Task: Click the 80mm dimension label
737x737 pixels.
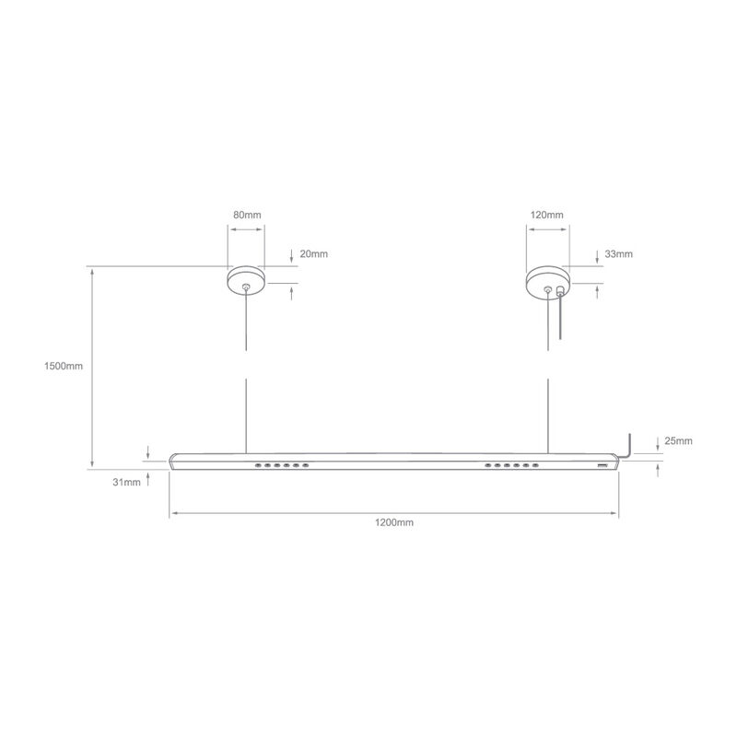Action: pos(247,215)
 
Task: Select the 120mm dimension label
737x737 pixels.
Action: pos(547,215)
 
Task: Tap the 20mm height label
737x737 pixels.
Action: pos(314,253)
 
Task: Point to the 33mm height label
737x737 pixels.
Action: pos(619,253)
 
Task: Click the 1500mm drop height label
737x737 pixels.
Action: pos(64,366)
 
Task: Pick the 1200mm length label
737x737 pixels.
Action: pos(394,522)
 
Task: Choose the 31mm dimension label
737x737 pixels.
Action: pos(127,482)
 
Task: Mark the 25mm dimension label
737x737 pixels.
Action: pos(677,441)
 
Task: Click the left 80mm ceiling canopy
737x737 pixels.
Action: pos(246,279)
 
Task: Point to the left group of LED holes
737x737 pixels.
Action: pos(284,465)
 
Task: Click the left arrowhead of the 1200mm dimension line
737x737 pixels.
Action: pos(172,512)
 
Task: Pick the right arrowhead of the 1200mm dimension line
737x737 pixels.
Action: pos(615,512)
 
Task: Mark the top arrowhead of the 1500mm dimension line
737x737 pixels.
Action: pos(92,271)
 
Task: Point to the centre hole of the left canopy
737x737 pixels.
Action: pos(246,287)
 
